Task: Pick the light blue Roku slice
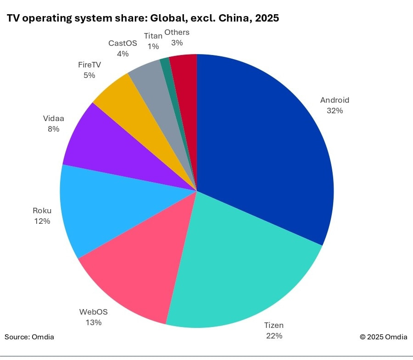pyautogui.click(x=110, y=206)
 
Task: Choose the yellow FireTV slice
pyautogui.click(x=138, y=110)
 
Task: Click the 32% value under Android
pyautogui.click(x=335, y=111)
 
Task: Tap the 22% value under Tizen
pyautogui.click(x=274, y=336)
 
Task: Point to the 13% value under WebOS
pyautogui.click(x=93, y=322)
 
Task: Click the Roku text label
pyautogui.click(x=42, y=211)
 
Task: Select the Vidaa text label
pyautogui.click(x=54, y=119)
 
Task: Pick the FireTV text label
pyautogui.click(x=89, y=65)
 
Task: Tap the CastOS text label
pyautogui.click(x=123, y=44)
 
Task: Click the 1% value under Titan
pyautogui.click(x=153, y=46)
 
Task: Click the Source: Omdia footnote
pyautogui.click(x=29, y=337)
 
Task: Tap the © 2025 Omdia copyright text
pyautogui.click(x=383, y=337)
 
